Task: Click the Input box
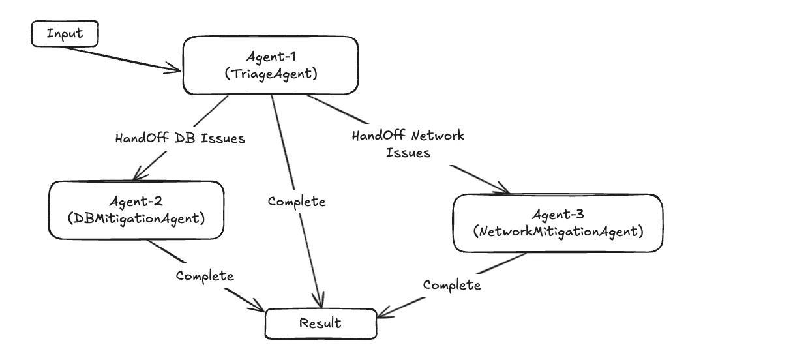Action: (65, 34)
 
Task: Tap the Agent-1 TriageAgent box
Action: (270, 65)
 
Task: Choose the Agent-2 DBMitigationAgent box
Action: (136, 210)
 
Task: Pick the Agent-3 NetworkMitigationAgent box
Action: (558, 223)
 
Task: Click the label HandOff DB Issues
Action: (180, 138)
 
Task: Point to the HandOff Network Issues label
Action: (408, 144)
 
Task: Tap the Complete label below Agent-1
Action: (297, 202)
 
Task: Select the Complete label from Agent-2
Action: (205, 276)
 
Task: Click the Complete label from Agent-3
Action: (452, 285)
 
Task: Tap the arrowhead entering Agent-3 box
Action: (504, 190)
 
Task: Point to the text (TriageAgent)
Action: (271, 74)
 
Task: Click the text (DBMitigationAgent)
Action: (136, 218)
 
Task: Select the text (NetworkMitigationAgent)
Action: (558, 232)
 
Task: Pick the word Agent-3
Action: (558, 215)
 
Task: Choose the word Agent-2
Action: (136, 202)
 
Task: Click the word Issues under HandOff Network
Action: (408, 153)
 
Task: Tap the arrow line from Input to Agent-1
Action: (124, 56)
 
